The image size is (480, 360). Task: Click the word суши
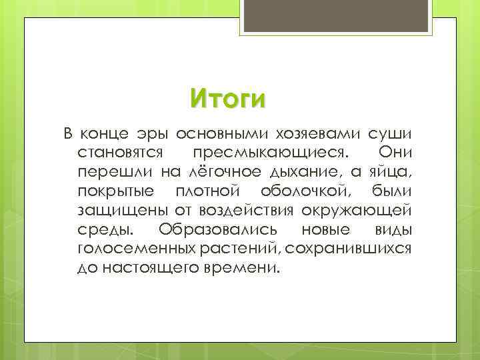387,133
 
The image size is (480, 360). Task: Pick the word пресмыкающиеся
279,153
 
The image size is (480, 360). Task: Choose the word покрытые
113,192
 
